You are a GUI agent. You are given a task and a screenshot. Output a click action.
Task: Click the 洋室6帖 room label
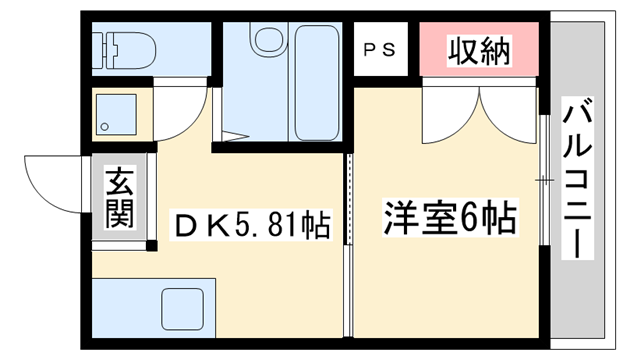(450, 217)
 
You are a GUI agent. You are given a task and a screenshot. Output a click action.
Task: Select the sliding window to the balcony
(544, 180)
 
